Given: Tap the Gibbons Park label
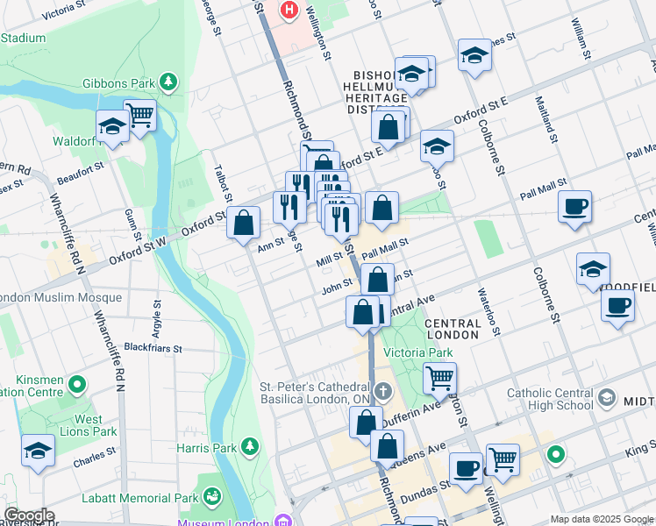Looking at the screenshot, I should click(x=118, y=83).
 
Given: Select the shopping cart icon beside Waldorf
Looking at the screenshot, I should click(x=139, y=115).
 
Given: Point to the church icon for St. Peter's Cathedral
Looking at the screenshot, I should click(x=382, y=390).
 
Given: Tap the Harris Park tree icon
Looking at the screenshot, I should click(x=251, y=447).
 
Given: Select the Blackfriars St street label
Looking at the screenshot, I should click(x=153, y=347).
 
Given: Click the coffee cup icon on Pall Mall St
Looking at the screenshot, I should click(x=574, y=208).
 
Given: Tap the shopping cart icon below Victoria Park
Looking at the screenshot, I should click(x=439, y=379).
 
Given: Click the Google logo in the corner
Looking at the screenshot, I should click(x=28, y=515).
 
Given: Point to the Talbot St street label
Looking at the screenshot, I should click(x=221, y=184).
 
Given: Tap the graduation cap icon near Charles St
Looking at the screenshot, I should click(x=38, y=451).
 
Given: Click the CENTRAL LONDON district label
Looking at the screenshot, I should click(x=453, y=330).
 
